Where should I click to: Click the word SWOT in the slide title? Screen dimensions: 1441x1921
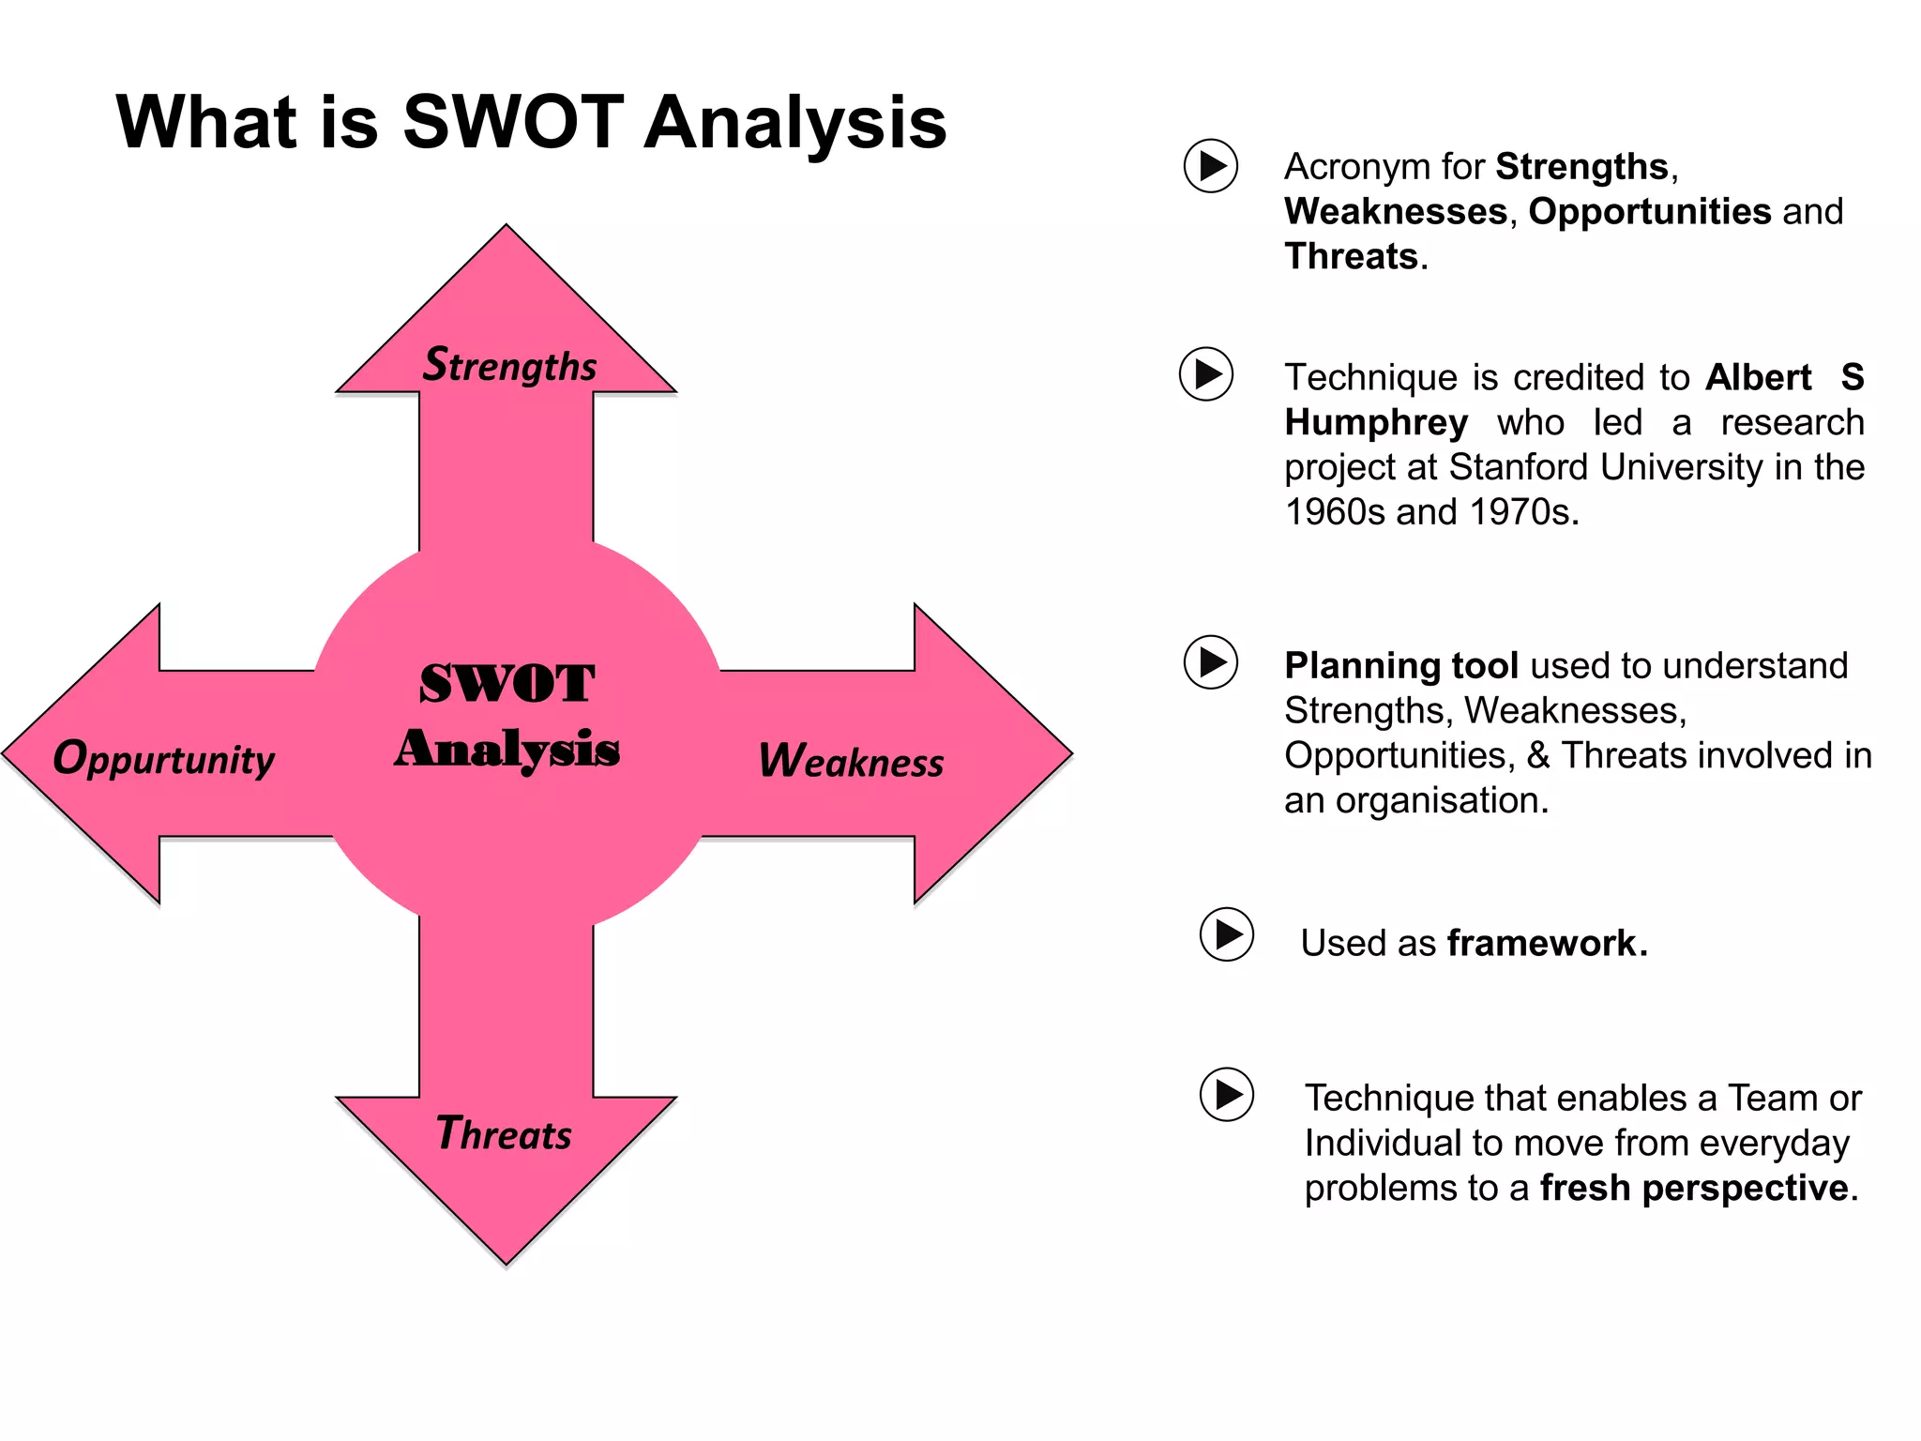coord(513,123)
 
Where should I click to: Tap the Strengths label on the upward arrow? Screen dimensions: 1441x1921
coord(509,365)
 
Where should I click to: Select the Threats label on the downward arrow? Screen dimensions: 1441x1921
coord(504,1134)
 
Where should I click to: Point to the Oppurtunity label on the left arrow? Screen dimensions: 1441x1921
coord(164,759)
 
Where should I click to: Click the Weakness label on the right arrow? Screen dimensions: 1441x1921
coord(851,761)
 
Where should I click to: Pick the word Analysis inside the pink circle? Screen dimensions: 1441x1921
coord(507,749)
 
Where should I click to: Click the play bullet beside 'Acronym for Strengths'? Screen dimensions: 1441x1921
coord(1211,166)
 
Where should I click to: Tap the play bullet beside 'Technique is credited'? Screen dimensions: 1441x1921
coord(1206,374)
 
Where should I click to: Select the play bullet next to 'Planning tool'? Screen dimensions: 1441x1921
coord(1211,662)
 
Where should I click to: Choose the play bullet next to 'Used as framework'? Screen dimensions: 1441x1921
coord(1227,934)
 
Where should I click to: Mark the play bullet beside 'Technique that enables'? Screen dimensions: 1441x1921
coord(1227,1094)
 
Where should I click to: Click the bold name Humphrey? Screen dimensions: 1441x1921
coord(1376,423)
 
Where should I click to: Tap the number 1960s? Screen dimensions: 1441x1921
coord(1334,512)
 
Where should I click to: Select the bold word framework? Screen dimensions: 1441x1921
coord(1542,943)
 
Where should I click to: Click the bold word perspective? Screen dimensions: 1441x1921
coord(1745,1188)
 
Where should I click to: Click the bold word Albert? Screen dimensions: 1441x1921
coord(1758,378)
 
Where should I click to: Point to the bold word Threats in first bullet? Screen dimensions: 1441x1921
coord(1351,257)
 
